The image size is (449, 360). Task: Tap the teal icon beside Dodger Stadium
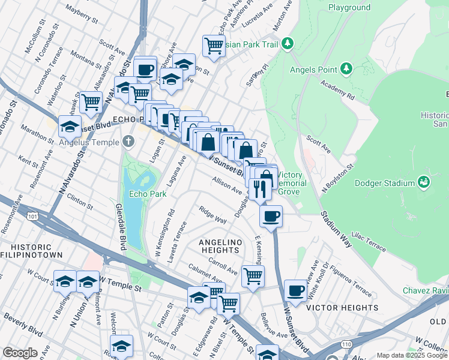point(424,181)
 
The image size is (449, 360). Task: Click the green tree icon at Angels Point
point(346,70)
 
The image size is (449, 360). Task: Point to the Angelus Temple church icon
point(128,142)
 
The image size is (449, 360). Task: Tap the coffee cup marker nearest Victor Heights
point(295,292)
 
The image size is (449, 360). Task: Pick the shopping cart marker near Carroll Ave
point(253,277)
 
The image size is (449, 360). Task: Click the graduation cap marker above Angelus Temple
point(70,127)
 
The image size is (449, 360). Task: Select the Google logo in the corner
point(20,353)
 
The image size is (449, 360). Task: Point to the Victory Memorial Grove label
point(292,183)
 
